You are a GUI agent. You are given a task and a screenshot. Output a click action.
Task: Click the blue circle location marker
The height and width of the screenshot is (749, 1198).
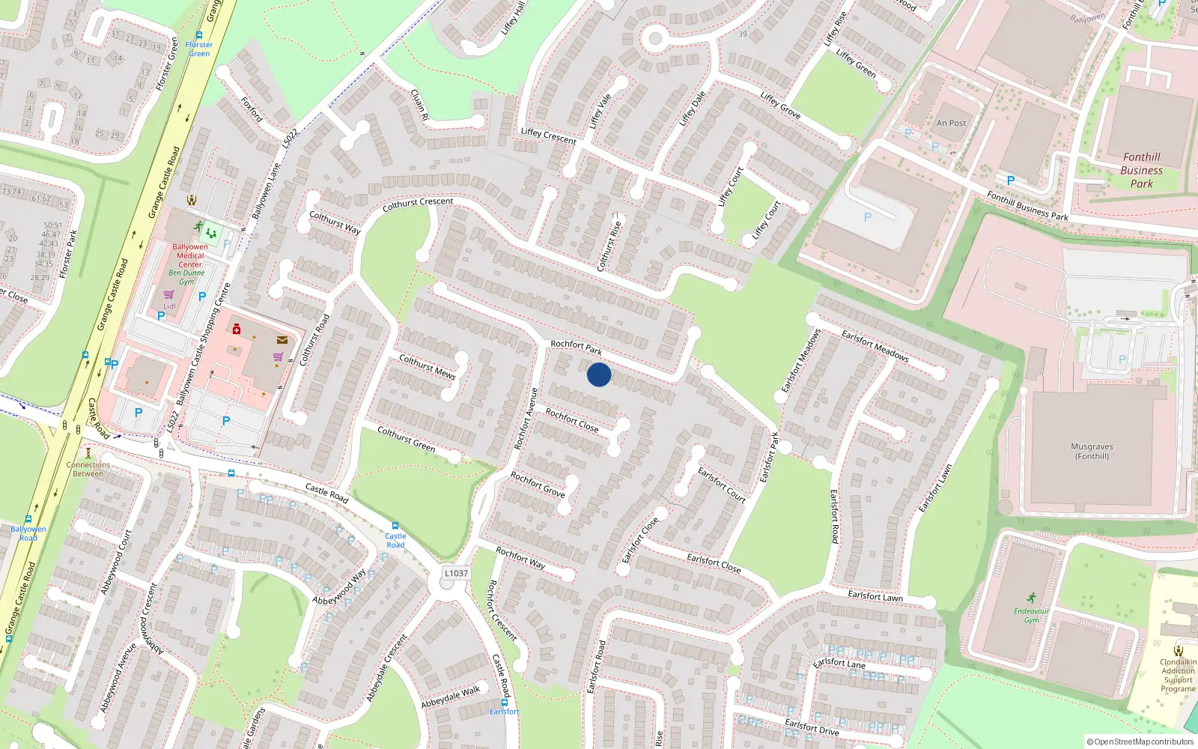coord(599,374)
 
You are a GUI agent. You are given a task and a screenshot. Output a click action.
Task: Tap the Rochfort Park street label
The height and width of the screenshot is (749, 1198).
coord(576,348)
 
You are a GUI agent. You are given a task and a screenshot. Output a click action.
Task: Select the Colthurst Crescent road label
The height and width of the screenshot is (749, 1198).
coord(417,203)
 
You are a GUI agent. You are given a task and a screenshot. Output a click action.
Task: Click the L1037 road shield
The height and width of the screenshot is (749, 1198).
coord(456,573)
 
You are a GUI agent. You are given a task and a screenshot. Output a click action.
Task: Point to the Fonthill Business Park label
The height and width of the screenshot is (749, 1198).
coord(1141,170)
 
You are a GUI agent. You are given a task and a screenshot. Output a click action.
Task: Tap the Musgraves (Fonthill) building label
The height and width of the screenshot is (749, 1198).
coord(1092,451)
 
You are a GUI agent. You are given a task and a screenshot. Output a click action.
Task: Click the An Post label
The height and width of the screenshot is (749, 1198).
coord(951,123)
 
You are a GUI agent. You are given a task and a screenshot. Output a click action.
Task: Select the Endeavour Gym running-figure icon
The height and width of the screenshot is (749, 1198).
coord(1032,598)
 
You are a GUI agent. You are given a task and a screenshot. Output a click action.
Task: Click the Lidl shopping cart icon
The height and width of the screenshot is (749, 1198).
coord(168,295)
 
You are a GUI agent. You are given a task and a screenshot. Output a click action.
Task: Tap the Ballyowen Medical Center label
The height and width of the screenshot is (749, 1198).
coord(190,255)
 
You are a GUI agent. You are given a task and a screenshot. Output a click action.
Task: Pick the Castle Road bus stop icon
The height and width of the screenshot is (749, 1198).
coord(395,526)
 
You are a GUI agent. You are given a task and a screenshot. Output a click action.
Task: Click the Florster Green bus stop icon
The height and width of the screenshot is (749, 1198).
coord(199,35)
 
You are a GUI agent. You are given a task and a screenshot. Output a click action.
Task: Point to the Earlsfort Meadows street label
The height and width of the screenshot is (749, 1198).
coord(875,345)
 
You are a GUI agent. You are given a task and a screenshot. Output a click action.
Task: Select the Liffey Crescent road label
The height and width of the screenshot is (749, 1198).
coord(548,136)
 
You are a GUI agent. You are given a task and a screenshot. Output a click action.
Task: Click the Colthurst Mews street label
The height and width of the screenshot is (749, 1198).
coord(427,366)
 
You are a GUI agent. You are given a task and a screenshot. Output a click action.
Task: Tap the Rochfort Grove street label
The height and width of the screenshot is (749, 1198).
coord(537,484)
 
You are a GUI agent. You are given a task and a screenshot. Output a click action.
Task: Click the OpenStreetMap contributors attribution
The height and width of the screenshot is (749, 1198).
coord(1140,742)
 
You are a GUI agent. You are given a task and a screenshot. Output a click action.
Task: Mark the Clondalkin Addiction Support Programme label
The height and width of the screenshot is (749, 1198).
coord(1178,675)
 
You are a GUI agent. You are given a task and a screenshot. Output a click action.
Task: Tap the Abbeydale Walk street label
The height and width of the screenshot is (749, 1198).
coord(450,697)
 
